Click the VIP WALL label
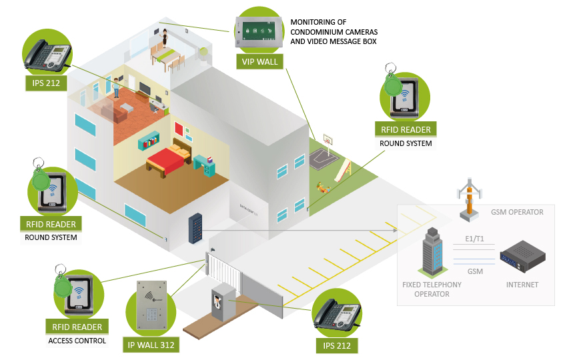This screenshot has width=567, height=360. pos(259,61)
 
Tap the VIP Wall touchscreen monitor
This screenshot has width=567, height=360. pos(259,33)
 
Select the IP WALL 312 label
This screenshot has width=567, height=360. pos(151,345)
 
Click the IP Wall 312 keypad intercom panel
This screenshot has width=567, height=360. pos(151,305)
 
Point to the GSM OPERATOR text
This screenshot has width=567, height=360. pos(517,212)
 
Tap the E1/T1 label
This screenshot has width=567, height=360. pos(474,239)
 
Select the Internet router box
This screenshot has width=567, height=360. pos(522,256)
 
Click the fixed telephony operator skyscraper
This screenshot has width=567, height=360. pos(432,252)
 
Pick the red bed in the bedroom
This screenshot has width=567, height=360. pos(169,159)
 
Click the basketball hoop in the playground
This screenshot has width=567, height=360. pos(328,140)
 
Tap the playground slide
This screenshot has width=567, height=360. pos(343,170)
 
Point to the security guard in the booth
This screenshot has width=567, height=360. pos(217,303)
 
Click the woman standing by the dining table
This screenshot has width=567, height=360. pos(165,38)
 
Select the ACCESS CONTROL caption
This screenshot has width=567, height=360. pos(77,341)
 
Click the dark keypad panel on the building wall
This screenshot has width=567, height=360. pos(195,228)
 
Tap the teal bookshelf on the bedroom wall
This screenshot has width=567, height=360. pos(149,141)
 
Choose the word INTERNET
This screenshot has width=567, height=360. pos(522,285)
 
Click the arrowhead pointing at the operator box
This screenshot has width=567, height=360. pos(395,230)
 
